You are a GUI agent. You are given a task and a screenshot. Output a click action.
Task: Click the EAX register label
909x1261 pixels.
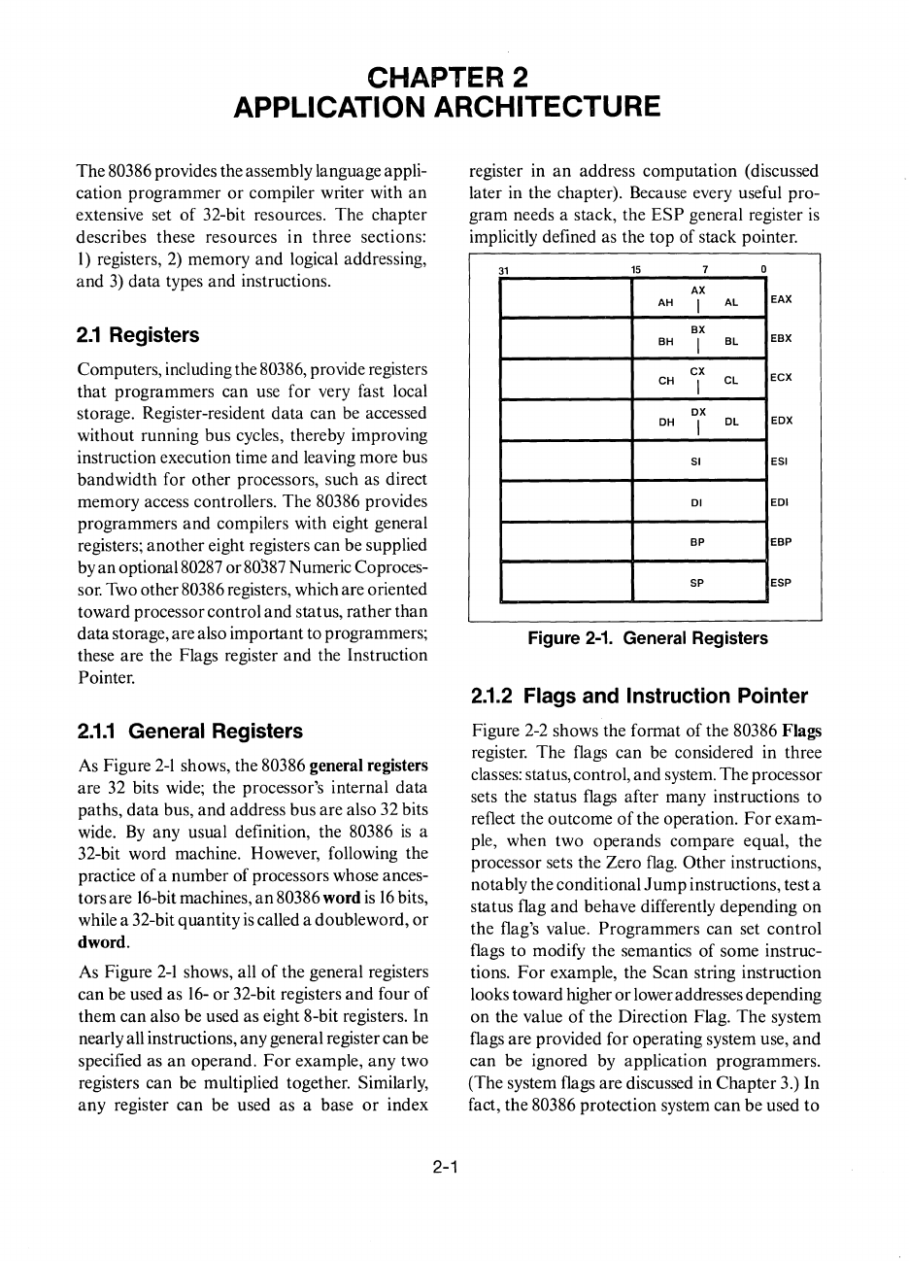click(x=782, y=300)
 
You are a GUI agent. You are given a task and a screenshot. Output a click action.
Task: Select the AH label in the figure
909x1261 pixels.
click(x=665, y=303)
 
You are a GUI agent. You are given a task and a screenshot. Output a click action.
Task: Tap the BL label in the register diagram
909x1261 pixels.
click(x=731, y=342)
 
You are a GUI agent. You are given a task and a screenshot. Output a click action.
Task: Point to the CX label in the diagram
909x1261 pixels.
click(x=697, y=370)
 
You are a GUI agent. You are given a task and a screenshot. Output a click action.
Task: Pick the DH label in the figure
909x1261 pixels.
click(x=666, y=423)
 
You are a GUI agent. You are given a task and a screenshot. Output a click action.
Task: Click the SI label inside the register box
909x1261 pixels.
click(x=696, y=461)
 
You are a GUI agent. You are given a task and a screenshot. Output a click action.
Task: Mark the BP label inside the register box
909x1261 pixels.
click(x=696, y=542)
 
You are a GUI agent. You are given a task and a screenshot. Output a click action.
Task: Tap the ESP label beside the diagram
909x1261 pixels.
click(x=781, y=583)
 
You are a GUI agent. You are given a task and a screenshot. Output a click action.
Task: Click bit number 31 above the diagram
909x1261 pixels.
click(x=503, y=269)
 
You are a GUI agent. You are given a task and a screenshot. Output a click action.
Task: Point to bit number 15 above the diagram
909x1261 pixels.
click(x=636, y=269)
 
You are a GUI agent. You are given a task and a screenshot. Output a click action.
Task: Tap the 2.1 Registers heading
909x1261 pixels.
click(x=137, y=335)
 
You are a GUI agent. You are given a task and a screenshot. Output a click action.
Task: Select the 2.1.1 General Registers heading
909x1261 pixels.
click(x=189, y=732)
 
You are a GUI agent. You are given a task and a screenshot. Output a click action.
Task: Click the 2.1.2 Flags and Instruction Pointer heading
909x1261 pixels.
click(x=639, y=697)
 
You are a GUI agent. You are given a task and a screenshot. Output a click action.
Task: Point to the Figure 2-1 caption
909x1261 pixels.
click(x=647, y=638)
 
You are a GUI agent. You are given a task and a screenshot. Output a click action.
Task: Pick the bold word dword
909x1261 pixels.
click(x=102, y=942)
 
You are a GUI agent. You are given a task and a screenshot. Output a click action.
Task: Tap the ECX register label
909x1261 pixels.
click(x=781, y=379)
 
